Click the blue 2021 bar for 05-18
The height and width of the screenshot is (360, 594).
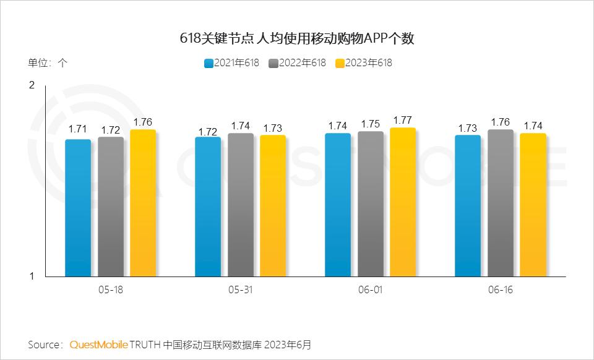pos(78,208)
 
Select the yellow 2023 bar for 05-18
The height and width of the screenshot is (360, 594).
pos(143,203)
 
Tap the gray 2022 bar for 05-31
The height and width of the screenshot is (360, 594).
pos(240,205)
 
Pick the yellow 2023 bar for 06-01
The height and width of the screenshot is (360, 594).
pos(403,202)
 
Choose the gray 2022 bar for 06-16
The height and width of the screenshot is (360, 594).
pos(501,203)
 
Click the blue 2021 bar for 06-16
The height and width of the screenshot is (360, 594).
pos(468,205)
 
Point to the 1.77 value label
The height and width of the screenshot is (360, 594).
pos(403,120)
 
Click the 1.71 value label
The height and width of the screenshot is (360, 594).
pos(78,129)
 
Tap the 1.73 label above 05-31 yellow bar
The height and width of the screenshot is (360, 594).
pos(273,128)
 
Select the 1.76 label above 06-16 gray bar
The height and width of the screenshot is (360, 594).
pos(501,122)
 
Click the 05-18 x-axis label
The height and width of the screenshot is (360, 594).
pos(110,289)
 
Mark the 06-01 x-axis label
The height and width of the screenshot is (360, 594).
pos(370,289)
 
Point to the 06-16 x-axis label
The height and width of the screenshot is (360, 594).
pos(500,289)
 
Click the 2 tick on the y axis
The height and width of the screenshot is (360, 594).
pos(32,85)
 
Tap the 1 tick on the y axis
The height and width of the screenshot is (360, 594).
pos(32,276)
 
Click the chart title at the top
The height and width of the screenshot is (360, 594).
pos(296,38)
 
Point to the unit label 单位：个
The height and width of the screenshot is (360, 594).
pos(48,62)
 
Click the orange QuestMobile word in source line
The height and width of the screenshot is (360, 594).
pos(99,344)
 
